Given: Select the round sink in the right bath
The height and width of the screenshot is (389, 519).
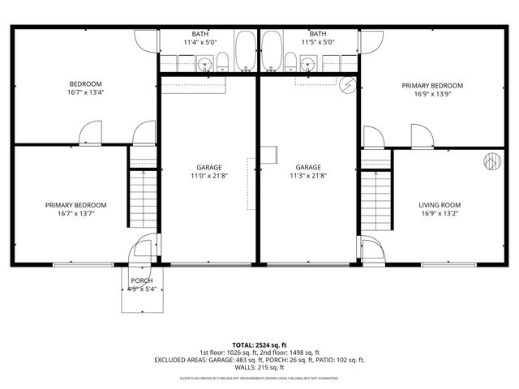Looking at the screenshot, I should (x=307, y=63).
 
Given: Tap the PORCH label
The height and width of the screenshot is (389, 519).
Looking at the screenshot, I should (x=141, y=281).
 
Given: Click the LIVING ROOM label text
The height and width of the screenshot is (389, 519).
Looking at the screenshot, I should (x=439, y=205).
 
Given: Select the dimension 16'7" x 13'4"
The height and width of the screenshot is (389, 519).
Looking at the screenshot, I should (x=85, y=93).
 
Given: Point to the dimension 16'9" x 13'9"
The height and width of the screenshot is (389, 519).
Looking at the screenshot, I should (x=432, y=94).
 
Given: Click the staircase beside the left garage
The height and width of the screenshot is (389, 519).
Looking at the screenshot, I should (x=142, y=198).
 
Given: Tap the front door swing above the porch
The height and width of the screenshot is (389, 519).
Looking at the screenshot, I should (x=144, y=248).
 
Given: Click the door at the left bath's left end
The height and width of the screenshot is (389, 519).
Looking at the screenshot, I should (x=147, y=42).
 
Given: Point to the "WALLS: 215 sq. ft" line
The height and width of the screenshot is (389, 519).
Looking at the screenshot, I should (x=259, y=368).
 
